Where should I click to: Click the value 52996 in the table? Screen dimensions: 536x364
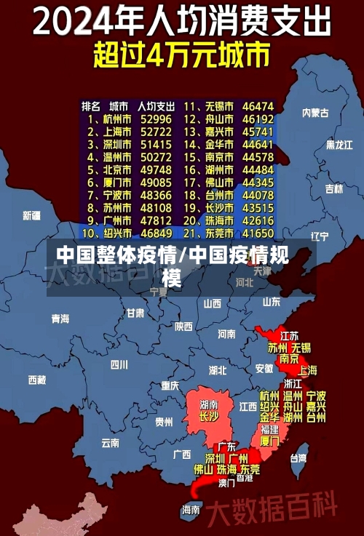click(x=156, y=119)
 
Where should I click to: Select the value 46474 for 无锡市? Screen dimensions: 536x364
click(x=258, y=105)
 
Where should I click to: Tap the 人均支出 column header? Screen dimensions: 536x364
click(x=157, y=105)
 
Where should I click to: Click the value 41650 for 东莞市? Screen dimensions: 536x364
click(x=258, y=233)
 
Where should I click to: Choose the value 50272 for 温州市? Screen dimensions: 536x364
click(x=156, y=156)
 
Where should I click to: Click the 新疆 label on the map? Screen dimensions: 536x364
click(x=31, y=215)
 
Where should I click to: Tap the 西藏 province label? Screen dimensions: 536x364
click(x=36, y=380)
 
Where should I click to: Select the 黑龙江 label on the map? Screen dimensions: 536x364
click(x=339, y=145)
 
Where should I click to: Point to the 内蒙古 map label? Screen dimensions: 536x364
click(x=315, y=113)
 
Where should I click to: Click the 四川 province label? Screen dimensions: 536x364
click(x=119, y=364)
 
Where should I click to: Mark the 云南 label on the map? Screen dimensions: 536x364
click(x=110, y=441)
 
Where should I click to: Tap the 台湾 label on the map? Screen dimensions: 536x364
click(x=298, y=458)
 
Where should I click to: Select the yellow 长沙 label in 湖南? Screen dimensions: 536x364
click(x=209, y=417)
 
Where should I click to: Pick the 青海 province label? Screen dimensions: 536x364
click(x=60, y=319)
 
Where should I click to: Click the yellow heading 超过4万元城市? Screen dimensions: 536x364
click(x=181, y=55)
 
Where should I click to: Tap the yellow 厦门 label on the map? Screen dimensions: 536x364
click(x=269, y=441)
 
